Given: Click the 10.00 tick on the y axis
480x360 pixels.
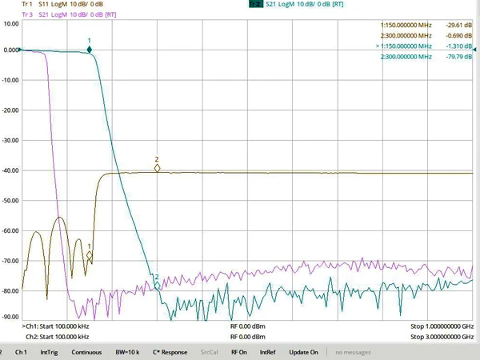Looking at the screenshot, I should [11, 24].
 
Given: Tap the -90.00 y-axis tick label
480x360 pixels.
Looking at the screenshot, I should [10, 316].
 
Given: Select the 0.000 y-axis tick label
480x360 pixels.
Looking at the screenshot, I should [10, 50].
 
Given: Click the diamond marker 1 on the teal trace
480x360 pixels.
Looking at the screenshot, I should [89, 50].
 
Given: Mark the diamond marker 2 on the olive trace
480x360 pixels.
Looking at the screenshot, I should [158, 168].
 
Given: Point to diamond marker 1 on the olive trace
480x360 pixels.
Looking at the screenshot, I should [89, 256].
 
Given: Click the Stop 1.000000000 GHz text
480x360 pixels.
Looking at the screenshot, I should [442, 326].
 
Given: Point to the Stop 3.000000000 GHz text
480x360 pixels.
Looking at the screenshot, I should [442, 337].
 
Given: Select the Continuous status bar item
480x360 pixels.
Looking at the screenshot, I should [86, 352].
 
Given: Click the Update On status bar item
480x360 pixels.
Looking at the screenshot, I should [303, 352].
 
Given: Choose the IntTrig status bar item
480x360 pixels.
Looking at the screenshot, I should [50, 352].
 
